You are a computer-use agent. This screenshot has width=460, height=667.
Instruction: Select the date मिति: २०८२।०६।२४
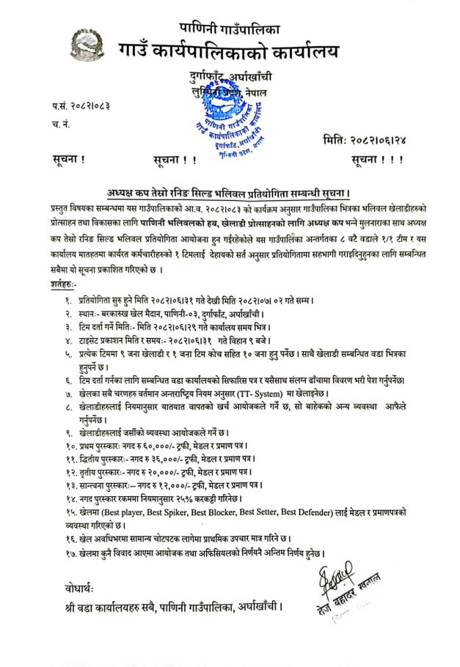[372, 139]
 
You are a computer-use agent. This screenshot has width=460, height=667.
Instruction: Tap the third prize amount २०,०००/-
[157, 473]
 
